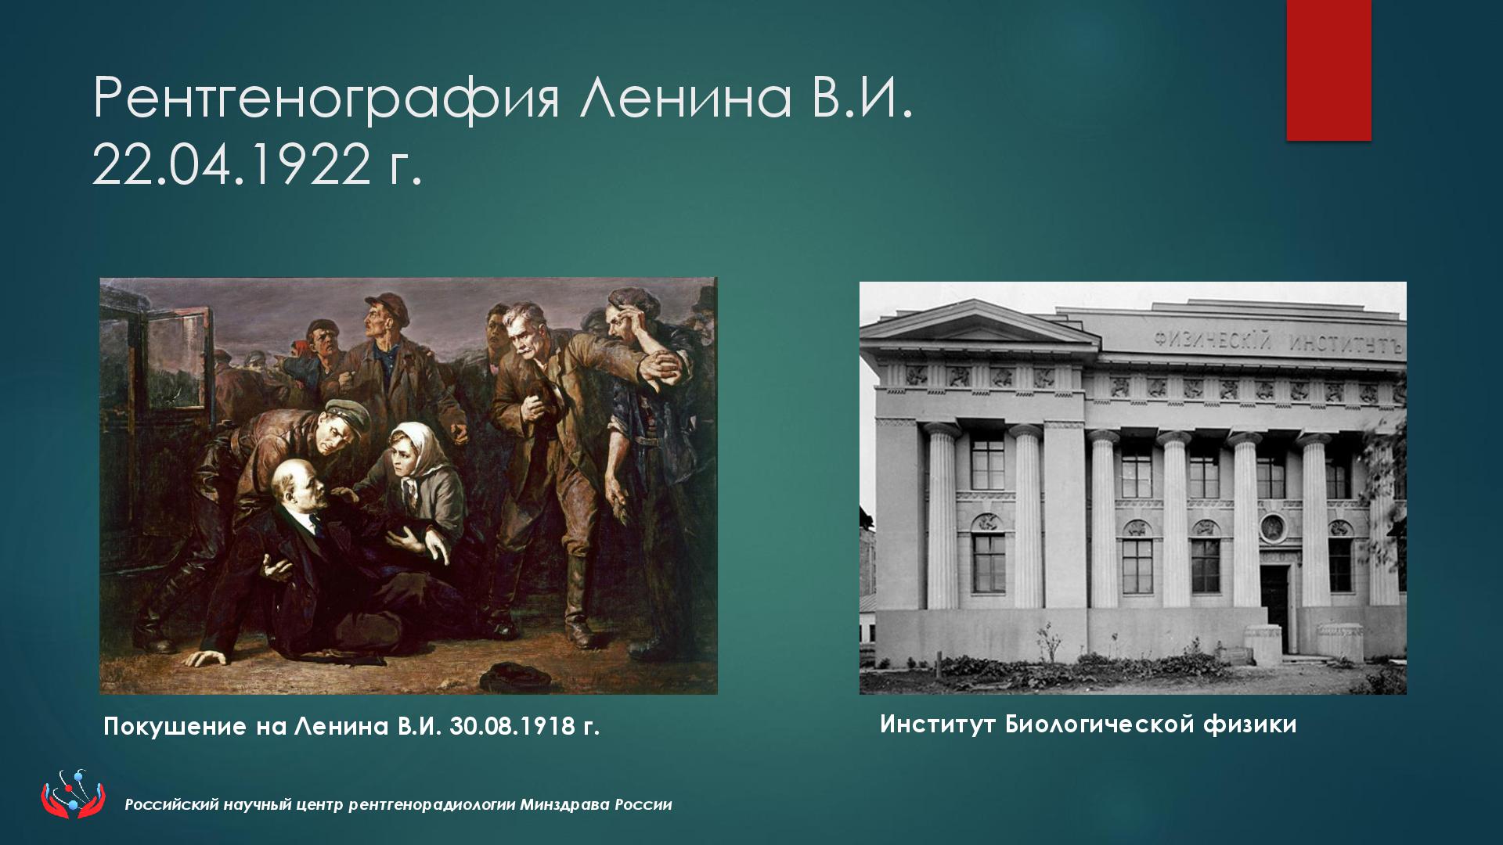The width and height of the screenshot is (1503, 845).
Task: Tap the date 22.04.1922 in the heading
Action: click(x=231, y=166)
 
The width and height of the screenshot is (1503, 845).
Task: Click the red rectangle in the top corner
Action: click(x=1329, y=70)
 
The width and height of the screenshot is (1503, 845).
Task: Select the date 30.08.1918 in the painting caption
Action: click(x=513, y=727)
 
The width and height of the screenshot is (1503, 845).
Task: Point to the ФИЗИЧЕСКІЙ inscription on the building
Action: click(x=1212, y=341)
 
